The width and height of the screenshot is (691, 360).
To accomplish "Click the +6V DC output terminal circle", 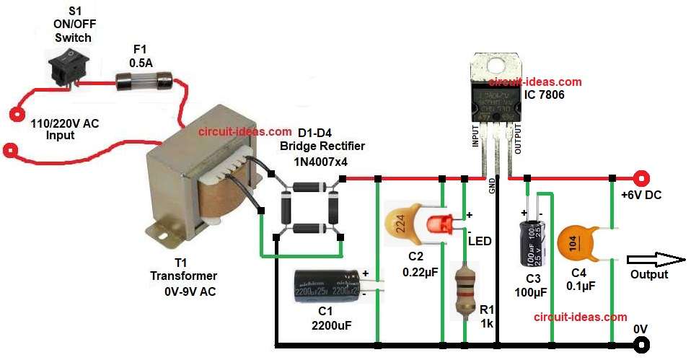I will click(638, 177).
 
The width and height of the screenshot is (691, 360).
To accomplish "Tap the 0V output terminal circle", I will click(638, 343).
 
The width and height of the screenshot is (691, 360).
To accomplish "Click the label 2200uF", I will click(330, 326).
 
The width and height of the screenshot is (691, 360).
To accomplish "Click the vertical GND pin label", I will click(492, 186).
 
